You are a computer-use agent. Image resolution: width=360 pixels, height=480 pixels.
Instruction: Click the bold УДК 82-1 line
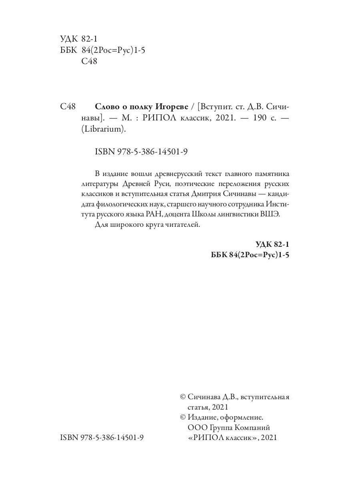272,244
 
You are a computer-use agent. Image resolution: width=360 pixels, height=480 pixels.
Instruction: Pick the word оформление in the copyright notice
242,417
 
